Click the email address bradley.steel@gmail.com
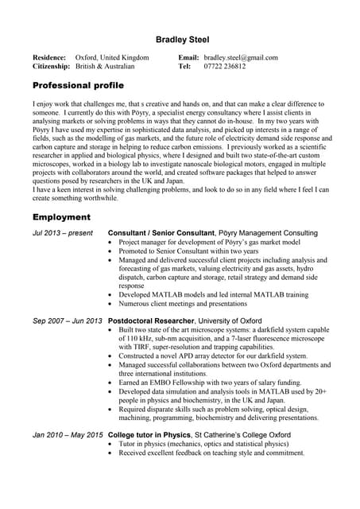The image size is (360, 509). point(240,58)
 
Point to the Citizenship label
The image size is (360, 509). point(52,67)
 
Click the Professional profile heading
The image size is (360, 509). point(78,84)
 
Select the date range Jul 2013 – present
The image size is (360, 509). point(62,233)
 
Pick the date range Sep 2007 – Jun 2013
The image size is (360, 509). point(68,321)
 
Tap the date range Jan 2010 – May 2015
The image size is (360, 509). point(68,435)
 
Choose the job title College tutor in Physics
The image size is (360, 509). point(149,435)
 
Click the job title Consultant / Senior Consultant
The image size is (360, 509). point(161,233)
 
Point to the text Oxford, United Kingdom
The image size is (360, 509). point(112,58)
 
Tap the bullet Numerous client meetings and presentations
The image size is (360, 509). point(183,303)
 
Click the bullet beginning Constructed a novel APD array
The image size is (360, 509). point(213,356)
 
